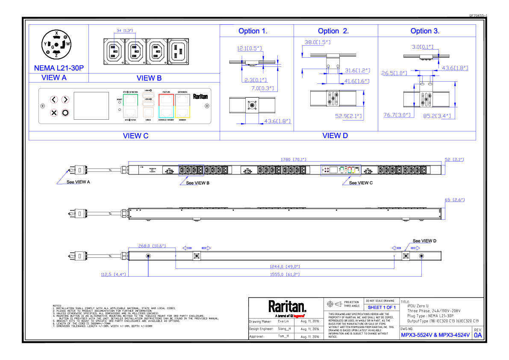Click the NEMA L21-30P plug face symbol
[56, 44]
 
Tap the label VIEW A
[54, 78]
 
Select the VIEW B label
[149, 78]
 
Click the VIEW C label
[135, 136]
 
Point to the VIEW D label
[335, 136]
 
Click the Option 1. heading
[253, 31]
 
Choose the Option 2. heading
[333, 31]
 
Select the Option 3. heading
[425, 31]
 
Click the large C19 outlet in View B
[178, 51]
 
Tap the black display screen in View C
[91, 106]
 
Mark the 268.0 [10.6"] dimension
[152, 246]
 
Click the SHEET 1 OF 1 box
[382, 307]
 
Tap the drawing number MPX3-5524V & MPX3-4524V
[435, 335]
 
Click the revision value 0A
[478, 335]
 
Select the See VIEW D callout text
[424, 241]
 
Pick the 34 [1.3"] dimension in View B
[125, 31]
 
